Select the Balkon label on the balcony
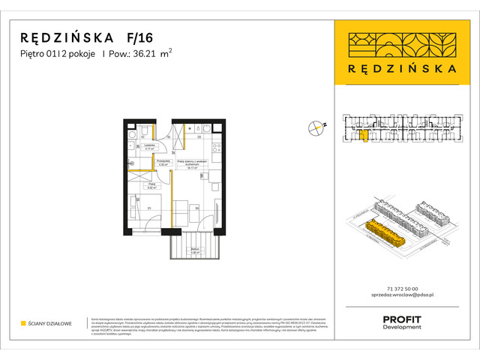194,251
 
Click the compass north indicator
317,128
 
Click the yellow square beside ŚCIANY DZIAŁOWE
23,323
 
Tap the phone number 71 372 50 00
400,289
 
